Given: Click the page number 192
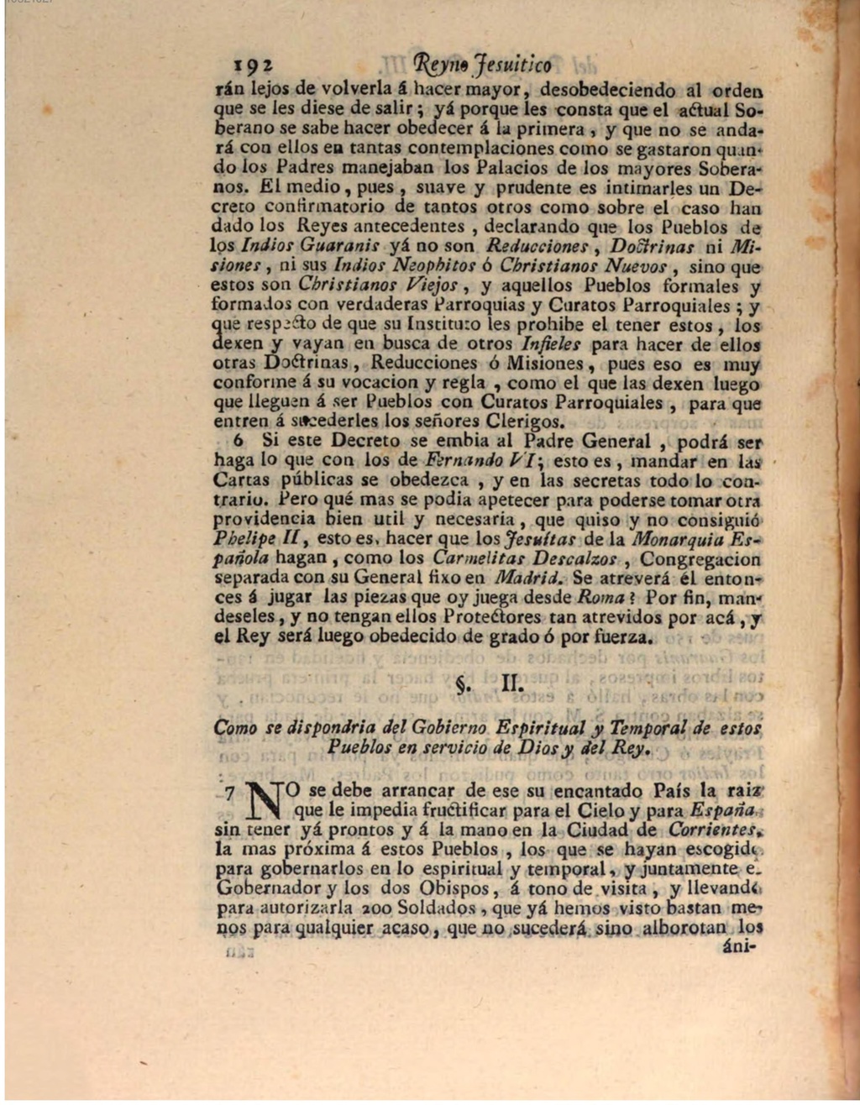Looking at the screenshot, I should point(251,65).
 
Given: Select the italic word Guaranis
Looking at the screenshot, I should point(343,247).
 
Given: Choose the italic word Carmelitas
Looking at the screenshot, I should point(479,559).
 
